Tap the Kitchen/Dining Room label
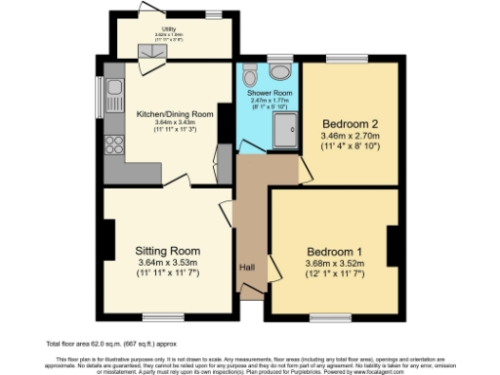coord(175,114)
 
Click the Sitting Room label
coord(167,250)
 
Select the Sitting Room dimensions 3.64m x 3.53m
coord(167,262)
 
